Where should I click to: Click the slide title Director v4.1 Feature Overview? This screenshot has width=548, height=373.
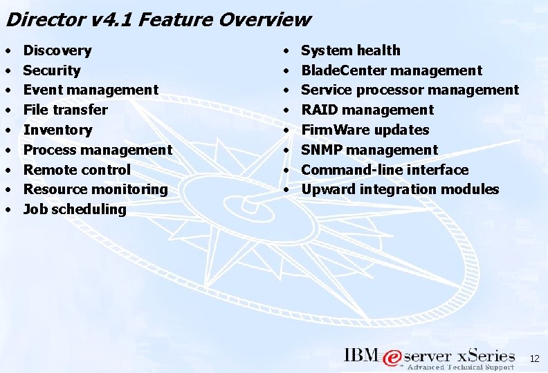pyautogui.click(x=158, y=19)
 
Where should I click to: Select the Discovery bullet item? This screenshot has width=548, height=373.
pyautogui.click(x=57, y=50)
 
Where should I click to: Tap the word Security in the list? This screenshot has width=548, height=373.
pyautogui.click(x=52, y=70)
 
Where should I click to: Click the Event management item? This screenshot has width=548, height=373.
pyautogui.click(x=91, y=90)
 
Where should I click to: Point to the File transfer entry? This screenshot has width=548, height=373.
pyautogui.click(x=66, y=110)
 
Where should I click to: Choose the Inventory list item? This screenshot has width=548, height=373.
pyautogui.click(x=57, y=130)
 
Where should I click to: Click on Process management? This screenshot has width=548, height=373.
pyautogui.click(x=98, y=150)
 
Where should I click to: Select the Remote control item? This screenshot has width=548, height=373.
pyautogui.click(x=77, y=170)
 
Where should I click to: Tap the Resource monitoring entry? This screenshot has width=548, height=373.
pyautogui.click(x=95, y=189)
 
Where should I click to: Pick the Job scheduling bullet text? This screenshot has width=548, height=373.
pyautogui.click(x=75, y=209)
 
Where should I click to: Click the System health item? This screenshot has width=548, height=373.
pyautogui.click(x=351, y=50)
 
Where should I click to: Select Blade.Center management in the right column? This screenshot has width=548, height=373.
pyautogui.click(x=392, y=70)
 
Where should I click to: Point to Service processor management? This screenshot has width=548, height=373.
pyautogui.click(x=410, y=90)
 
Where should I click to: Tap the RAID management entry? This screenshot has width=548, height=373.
pyautogui.click(x=367, y=110)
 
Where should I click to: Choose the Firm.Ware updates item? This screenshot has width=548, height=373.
pyautogui.click(x=365, y=130)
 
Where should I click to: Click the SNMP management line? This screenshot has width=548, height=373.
pyautogui.click(x=369, y=150)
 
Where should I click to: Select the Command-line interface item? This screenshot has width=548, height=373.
pyautogui.click(x=385, y=170)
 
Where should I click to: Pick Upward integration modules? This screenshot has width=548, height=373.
pyautogui.click(x=400, y=189)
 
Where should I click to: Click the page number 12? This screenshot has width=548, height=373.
pyautogui.click(x=533, y=358)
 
